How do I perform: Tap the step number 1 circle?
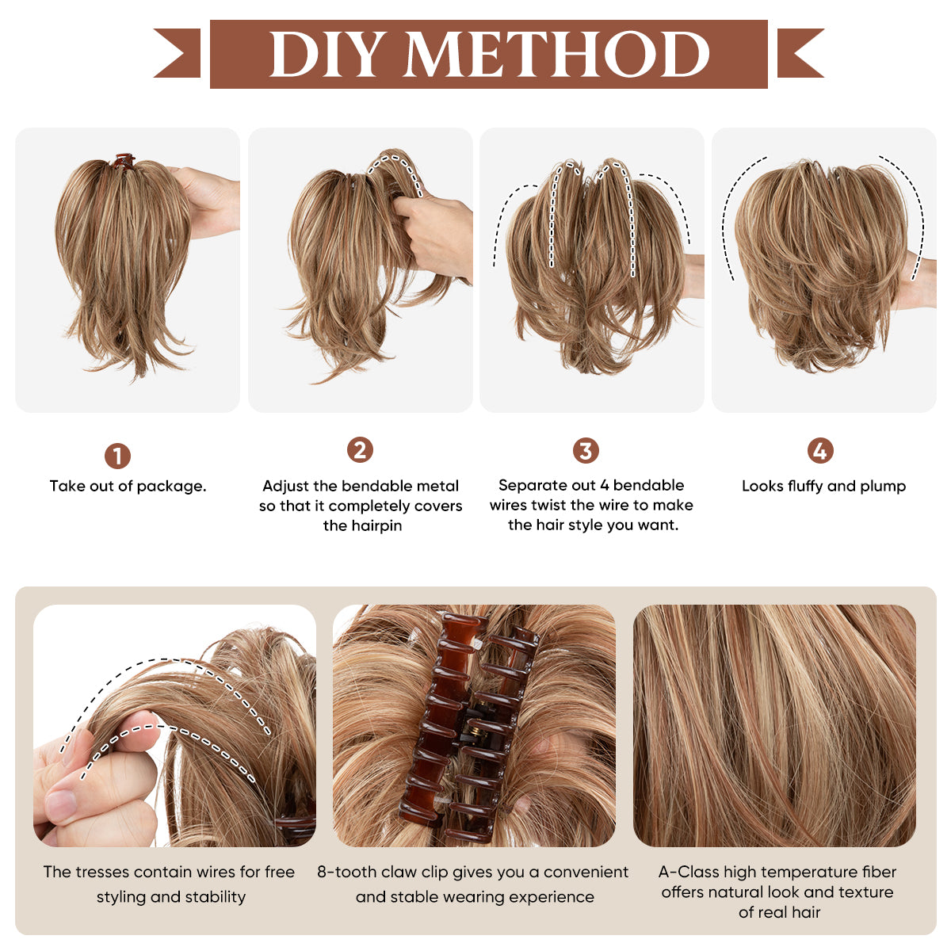[x=117, y=456]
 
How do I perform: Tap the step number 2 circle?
[x=360, y=450]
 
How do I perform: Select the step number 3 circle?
[x=586, y=451]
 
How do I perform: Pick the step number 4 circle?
[x=820, y=451]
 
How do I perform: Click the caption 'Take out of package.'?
[x=128, y=487]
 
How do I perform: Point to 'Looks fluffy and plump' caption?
[x=823, y=487]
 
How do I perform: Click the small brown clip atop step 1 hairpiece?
[x=123, y=161]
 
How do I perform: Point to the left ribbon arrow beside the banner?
[x=178, y=53]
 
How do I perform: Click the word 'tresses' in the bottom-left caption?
[x=102, y=873]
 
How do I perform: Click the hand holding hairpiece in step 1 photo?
[x=210, y=202]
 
